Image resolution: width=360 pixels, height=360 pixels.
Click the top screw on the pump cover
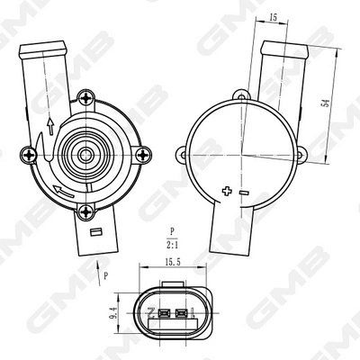pyautogui.click(x=86, y=97)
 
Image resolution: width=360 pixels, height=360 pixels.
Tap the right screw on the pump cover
pyautogui.click(x=139, y=155)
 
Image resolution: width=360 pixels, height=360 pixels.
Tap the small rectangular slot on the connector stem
pyautogui.click(x=94, y=234)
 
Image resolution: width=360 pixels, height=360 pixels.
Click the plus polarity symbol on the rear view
pyautogui.click(x=225, y=191)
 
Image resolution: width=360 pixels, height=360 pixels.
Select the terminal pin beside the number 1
pyautogui.click(x=182, y=314)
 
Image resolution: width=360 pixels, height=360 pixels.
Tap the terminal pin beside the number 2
pyautogui.click(x=164, y=314)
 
